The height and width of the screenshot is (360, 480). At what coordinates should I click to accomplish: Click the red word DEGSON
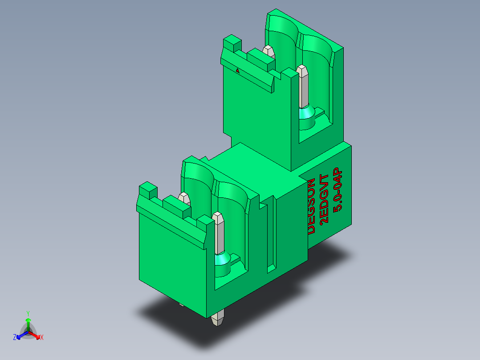tap(312, 206)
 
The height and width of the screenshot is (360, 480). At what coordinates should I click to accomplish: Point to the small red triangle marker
tap(238, 70)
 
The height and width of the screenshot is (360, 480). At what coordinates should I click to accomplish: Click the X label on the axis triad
tap(42, 337)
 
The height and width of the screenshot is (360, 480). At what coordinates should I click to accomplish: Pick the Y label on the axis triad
tap(28, 313)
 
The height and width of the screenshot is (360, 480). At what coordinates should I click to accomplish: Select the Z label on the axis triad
tap(15, 337)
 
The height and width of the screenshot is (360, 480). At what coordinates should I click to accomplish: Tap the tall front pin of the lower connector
tap(219, 234)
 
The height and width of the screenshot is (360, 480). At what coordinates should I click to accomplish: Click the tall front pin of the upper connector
tap(303, 87)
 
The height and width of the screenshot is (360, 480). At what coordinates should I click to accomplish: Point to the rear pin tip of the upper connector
tap(269, 51)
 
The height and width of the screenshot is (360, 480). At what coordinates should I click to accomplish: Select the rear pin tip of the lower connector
tap(183, 197)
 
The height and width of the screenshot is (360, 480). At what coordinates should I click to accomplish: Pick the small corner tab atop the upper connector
tap(232, 44)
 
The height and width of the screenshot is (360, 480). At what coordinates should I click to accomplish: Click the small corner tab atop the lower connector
tap(147, 191)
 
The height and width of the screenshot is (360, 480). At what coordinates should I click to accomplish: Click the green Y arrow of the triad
tap(28, 323)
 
